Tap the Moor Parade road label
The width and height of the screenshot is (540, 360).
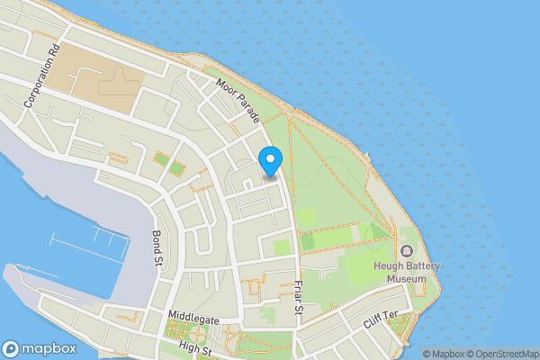[x=238, y=101]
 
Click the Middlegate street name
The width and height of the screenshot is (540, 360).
[x=193, y=317]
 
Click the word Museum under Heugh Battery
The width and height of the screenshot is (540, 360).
[x=406, y=279]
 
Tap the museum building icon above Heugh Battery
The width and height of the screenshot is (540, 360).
[x=407, y=249]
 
